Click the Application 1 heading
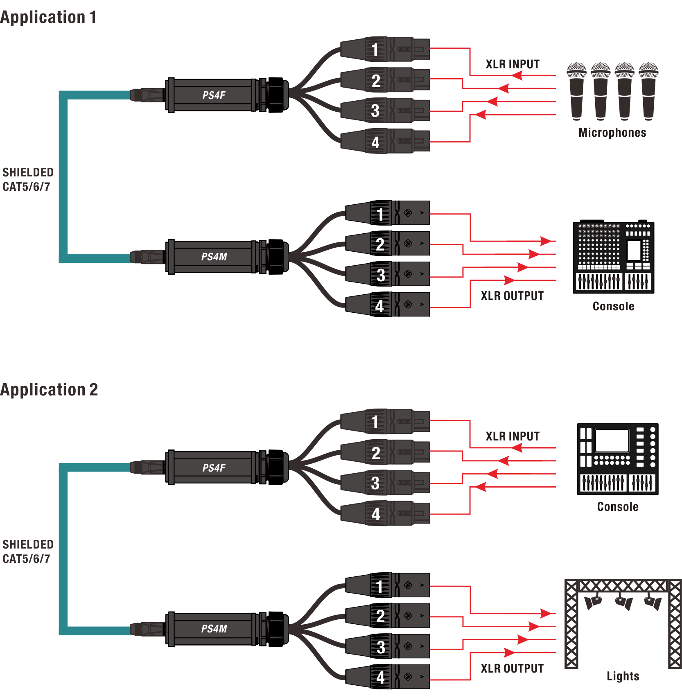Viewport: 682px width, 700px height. (x=48, y=17)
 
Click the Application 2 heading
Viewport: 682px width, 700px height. (x=49, y=390)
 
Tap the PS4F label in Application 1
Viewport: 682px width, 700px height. (x=214, y=95)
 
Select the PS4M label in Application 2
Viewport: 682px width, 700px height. (x=214, y=629)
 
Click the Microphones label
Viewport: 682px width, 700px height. (x=612, y=133)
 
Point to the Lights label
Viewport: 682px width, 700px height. (x=623, y=676)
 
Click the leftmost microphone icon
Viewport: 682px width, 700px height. (x=576, y=91)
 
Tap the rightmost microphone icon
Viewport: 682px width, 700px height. (x=648, y=91)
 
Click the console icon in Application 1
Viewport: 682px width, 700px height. (x=613, y=257)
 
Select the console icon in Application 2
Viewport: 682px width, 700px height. (x=617, y=459)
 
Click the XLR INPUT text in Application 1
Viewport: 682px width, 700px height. (x=513, y=64)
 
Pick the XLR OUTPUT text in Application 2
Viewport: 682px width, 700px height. (x=512, y=668)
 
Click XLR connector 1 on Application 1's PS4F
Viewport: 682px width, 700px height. (x=385, y=49)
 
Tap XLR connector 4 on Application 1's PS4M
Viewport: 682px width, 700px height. (x=387, y=305)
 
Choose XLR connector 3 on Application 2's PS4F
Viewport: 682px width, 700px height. (x=385, y=483)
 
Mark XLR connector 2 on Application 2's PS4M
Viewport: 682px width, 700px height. (x=387, y=616)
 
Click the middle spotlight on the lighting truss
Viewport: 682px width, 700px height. (x=623, y=602)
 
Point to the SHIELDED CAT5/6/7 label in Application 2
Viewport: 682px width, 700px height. (x=28, y=551)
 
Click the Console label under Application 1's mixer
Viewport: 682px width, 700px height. (x=613, y=306)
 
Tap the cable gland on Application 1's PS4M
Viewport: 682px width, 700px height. (x=276, y=257)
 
